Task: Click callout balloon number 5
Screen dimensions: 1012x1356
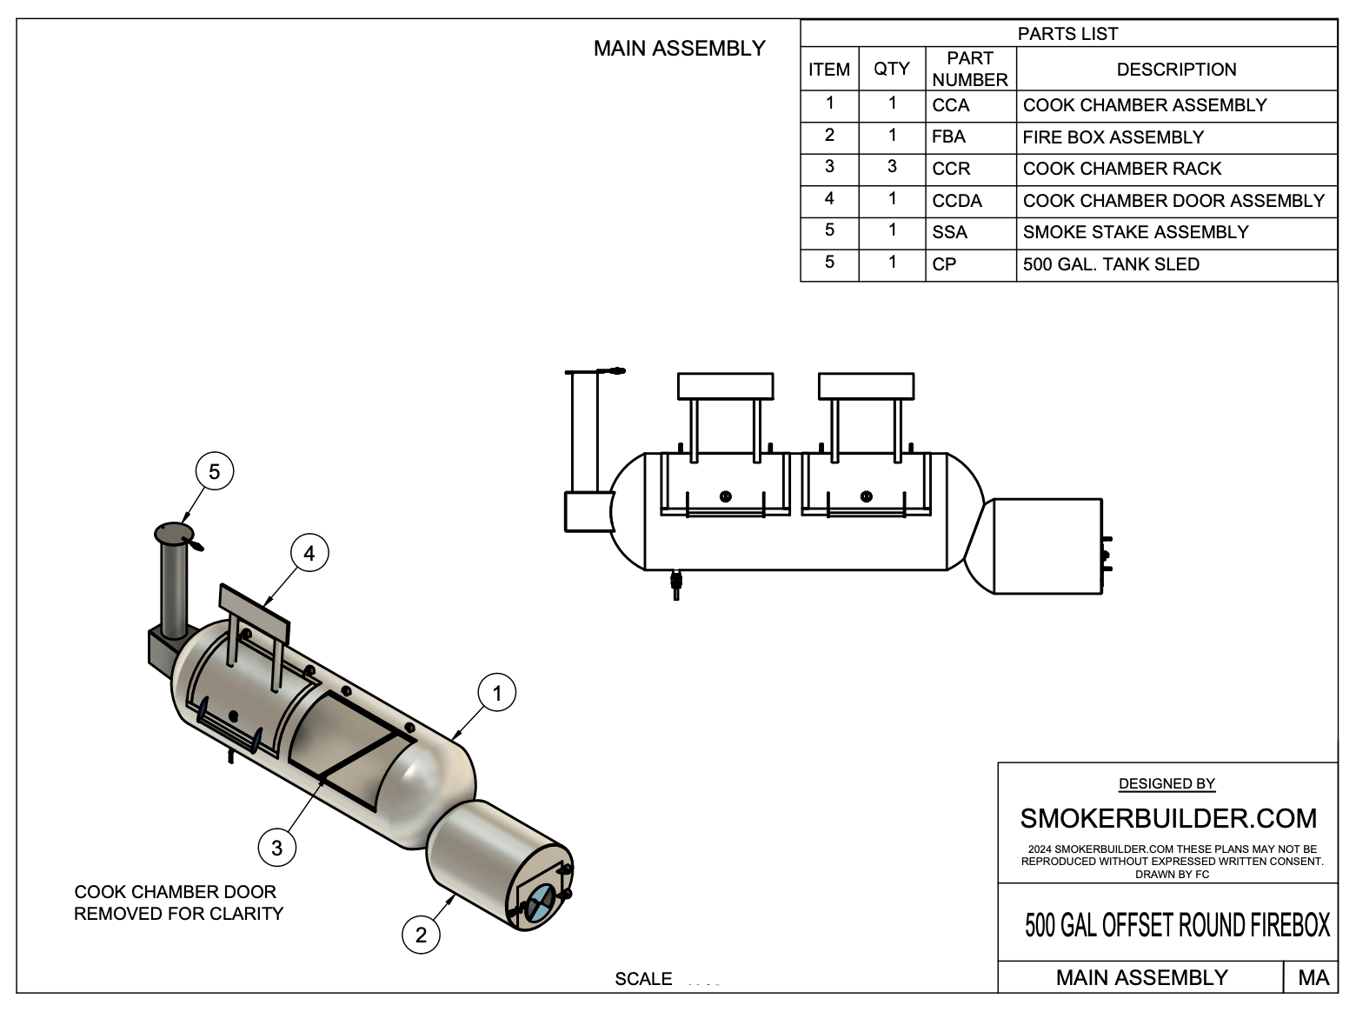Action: pyautogui.click(x=215, y=471)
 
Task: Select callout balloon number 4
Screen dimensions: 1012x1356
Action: pyautogui.click(x=309, y=552)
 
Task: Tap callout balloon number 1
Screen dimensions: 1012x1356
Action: pyautogui.click(x=497, y=693)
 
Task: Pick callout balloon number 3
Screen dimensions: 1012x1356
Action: pyautogui.click(x=276, y=847)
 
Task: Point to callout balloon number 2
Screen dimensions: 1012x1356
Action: pyautogui.click(x=421, y=935)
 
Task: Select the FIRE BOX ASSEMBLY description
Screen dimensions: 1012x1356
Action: pyautogui.click(x=1113, y=137)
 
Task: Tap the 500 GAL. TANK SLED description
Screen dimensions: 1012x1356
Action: pyautogui.click(x=1111, y=264)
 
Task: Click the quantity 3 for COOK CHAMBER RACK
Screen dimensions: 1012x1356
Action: pyautogui.click(x=892, y=167)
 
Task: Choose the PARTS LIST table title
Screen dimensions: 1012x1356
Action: pyautogui.click(x=1067, y=34)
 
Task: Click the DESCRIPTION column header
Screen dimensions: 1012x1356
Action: pyautogui.click(x=1176, y=70)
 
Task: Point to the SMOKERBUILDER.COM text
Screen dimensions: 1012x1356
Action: pyautogui.click(x=1167, y=818)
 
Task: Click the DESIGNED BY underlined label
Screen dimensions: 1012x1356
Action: pyautogui.click(x=1167, y=784)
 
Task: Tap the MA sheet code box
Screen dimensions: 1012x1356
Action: pyautogui.click(x=1313, y=977)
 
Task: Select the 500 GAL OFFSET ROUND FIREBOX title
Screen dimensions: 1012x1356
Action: pyautogui.click(x=1177, y=925)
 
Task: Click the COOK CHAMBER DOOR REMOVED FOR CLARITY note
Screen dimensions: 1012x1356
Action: pyautogui.click(x=178, y=902)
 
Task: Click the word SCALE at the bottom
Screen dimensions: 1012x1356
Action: pyautogui.click(x=643, y=979)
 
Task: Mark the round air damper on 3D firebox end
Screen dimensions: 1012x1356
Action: pyautogui.click(x=539, y=902)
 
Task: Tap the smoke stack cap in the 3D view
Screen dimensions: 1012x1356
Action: pyautogui.click(x=174, y=532)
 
